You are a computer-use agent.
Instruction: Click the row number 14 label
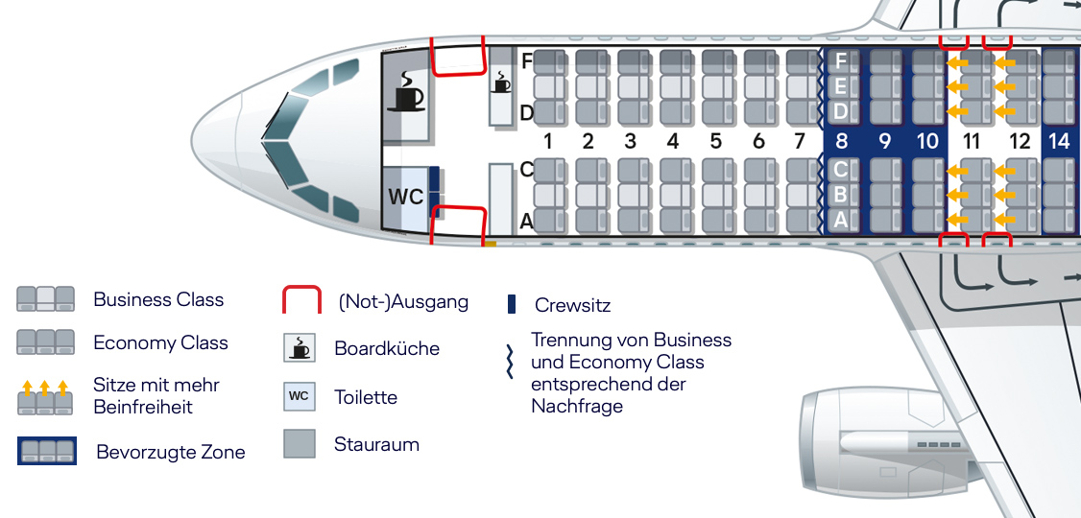coord(1058,142)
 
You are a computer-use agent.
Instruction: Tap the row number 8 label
coord(841,142)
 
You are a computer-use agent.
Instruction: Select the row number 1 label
coord(547,142)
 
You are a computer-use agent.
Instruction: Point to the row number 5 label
coord(715,142)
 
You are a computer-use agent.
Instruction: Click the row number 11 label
coord(972,142)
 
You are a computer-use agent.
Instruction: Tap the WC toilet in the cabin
coord(405,198)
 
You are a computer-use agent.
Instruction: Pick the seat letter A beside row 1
coord(526,222)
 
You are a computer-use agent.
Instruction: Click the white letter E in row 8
coord(841,86)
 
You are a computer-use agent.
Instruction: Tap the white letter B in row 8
coord(841,196)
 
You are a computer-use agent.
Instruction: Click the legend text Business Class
coord(158,300)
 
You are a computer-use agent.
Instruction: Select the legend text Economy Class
coord(160,343)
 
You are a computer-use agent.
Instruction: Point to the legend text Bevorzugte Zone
coord(171,452)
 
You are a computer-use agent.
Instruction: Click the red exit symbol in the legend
coord(300,300)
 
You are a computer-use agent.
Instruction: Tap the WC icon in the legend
coord(300,395)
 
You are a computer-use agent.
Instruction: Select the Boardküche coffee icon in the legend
coord(300,347)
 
